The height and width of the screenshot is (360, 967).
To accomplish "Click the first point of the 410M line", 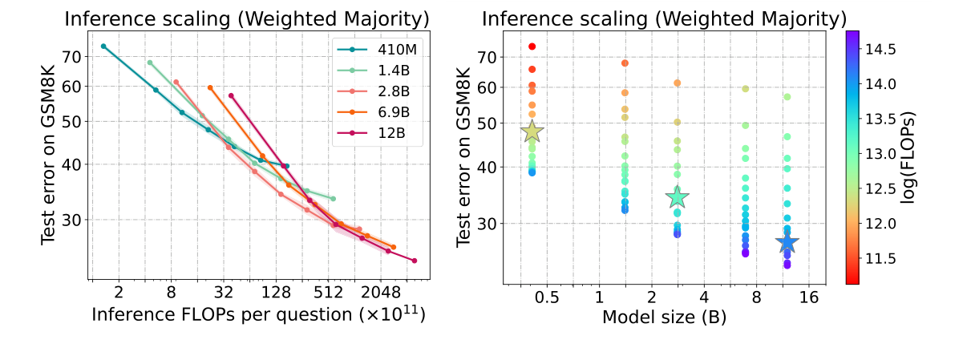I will tap(103, 47).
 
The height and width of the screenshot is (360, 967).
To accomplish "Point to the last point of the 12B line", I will tap(414, 261).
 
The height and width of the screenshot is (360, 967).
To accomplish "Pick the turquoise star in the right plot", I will tap(678, 196).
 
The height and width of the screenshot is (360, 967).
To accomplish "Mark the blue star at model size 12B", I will tap(787, 243).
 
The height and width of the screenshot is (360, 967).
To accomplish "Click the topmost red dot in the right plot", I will tap(532, 47).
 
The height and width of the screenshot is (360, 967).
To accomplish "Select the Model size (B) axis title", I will tap(664, 318).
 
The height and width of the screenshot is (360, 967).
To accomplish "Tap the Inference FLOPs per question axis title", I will tap(258, 314).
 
